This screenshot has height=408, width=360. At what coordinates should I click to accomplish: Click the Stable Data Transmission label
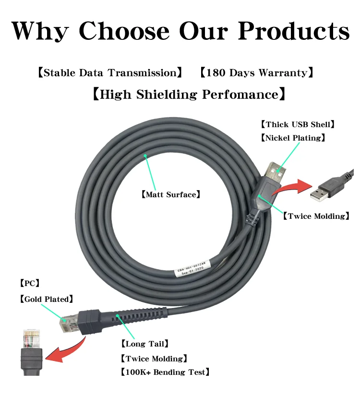[110, 73]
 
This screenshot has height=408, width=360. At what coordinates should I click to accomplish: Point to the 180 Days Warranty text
[257, 73]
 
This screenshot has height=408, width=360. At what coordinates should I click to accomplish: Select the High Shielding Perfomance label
[189, 94]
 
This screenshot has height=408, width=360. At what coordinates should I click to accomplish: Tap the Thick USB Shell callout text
[297, 124]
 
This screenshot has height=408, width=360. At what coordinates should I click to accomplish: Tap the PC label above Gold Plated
[29, 283]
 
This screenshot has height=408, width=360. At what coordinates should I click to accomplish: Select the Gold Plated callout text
[47, 299]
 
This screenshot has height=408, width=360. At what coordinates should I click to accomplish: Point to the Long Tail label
[144, 344]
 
